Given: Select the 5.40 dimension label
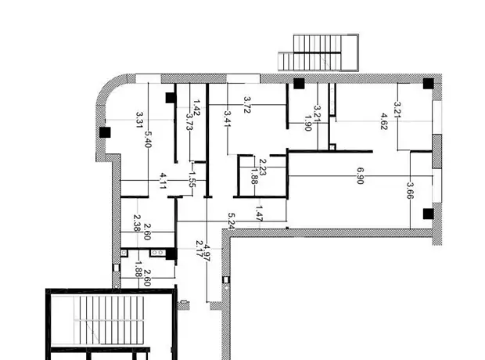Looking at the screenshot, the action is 148,139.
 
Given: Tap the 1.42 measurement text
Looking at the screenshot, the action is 196,107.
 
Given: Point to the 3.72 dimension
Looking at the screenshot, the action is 247,105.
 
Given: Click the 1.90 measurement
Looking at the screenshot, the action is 308,123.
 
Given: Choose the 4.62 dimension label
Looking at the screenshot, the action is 383,121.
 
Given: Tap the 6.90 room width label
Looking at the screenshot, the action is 360,176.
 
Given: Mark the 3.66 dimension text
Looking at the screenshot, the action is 410,190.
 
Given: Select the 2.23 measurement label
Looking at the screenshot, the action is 262,167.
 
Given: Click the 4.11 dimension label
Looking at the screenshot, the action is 163,181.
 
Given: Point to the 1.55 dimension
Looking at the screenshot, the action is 191,179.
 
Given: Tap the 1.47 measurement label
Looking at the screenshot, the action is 259,214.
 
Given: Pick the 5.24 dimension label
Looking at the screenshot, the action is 231,221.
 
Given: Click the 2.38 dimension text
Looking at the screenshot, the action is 137,223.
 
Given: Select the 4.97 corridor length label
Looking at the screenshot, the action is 207,254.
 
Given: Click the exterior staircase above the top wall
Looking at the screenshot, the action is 318,52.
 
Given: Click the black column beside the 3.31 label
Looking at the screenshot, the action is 105,132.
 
